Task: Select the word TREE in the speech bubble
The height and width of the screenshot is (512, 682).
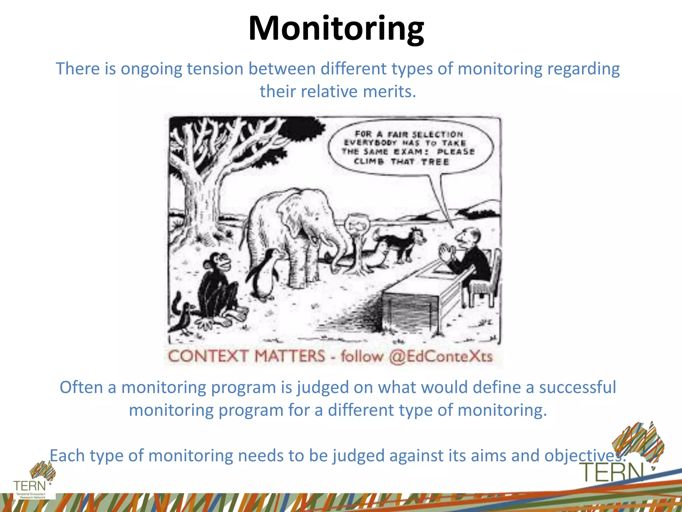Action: [x=435, y=162]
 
